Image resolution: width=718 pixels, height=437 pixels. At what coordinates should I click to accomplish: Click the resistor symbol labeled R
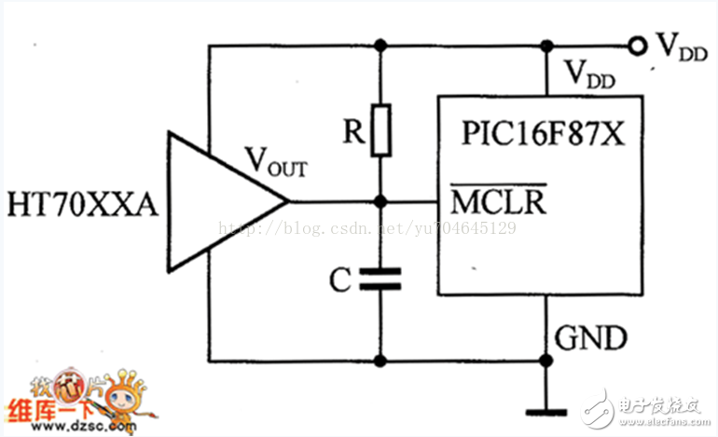[x=380, y=131]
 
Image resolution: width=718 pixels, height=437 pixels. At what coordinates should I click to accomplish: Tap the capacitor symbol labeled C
[x=380, y=277]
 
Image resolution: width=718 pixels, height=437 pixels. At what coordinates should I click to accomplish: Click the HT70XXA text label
[x=82, y=202]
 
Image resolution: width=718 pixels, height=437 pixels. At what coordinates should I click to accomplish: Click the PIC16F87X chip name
[x=542, y=133]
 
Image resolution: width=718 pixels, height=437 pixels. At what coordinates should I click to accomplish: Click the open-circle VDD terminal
[x=638, y=45]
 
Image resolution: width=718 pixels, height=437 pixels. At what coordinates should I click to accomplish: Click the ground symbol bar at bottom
[x=543, y=409]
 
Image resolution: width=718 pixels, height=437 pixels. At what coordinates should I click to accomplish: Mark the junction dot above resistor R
[x=380, y=45]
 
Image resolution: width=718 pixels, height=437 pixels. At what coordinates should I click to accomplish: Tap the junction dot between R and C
[x=380, y=201]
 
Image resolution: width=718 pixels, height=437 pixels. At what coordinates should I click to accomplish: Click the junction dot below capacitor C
[x=380, y=360]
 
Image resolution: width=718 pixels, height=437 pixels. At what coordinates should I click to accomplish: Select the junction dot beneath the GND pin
[x=543, y=360]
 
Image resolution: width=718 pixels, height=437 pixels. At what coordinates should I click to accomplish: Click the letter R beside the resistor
[x=352, y=132]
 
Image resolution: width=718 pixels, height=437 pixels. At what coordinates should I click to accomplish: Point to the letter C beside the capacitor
[x=342, y=278]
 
